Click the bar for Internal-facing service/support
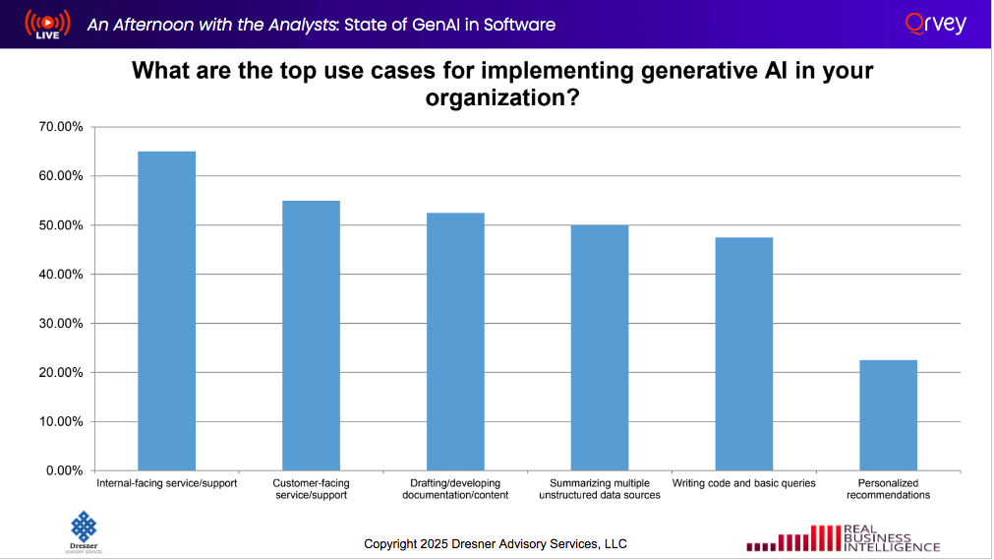point(166,311)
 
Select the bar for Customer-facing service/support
point(311,336)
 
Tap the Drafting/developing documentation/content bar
point(455,342)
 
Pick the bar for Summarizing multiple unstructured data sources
point(600,347)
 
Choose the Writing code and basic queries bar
point(744,354)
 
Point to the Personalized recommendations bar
point(888,415)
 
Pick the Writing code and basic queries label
point(743,483)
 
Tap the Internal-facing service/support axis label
point(166,483)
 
